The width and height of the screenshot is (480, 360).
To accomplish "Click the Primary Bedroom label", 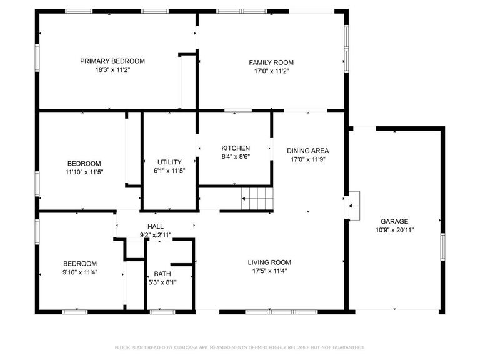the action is [112, 61].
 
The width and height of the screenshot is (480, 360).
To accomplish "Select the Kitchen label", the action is [236, 148].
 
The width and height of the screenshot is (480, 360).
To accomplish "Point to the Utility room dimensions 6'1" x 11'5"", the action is [169, 171].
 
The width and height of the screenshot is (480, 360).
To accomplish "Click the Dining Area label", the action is [308, 151].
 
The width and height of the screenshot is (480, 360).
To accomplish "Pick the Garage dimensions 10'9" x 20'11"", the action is [394, 230].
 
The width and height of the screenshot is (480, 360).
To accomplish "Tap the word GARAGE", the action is [394, 221].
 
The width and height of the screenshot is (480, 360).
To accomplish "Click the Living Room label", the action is [269, 262].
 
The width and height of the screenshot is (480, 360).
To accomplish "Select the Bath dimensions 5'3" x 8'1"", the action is [162, 282].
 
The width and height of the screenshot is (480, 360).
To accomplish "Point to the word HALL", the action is [156, 226].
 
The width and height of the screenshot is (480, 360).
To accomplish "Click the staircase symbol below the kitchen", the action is [257, 199].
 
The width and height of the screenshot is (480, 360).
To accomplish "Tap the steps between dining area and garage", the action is [354, 206].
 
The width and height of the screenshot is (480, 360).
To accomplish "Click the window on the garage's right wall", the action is [442, 247].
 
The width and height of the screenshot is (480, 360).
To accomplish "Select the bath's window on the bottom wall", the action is [162, 312].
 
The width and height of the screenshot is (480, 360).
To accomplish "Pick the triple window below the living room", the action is [282, 312].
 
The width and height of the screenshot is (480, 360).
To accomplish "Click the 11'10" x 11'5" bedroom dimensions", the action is [84, 172].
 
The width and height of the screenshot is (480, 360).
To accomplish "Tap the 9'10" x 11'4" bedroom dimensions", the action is [80, 272].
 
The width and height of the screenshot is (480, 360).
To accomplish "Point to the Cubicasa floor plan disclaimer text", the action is [240, 347].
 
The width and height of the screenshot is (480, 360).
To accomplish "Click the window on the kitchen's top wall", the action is [238, 111].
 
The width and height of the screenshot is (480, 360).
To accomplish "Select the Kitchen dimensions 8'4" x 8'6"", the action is [236, 157].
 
